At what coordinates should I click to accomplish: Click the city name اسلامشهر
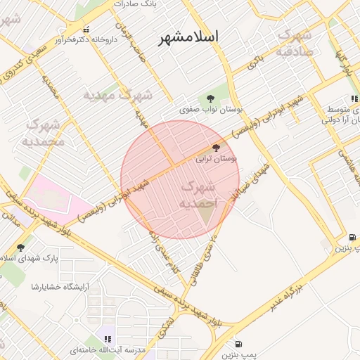(x=188, y=37)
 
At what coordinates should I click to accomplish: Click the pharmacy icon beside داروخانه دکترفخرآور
(x=86, y=30)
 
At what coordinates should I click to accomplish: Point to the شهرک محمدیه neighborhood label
(x=44, y=133)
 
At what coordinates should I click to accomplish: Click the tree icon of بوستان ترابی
(x=215, y=148)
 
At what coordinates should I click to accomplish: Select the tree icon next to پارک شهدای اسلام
(x=20, y=247)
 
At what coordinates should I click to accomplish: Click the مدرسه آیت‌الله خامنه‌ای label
(x=108, y=349)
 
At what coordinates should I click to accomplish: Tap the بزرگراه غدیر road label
(x=288, y=298)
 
